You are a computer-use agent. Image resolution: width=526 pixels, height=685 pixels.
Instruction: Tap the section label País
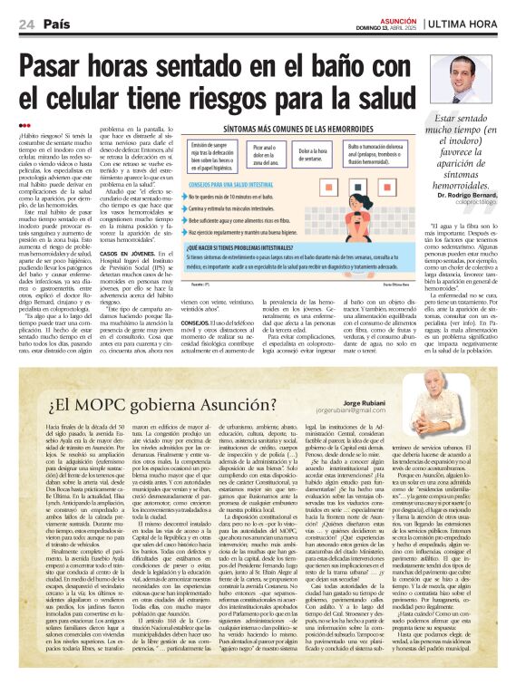tap(55, 24)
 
